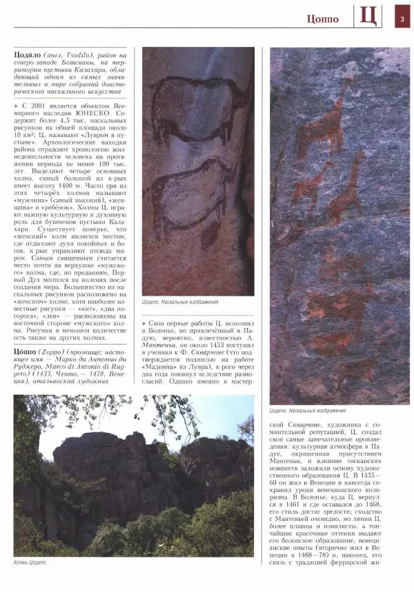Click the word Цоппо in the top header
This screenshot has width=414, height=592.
coord(323,19)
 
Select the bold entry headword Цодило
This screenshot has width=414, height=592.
coord(28,54)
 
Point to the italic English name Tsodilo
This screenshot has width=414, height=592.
coord(86,54)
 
